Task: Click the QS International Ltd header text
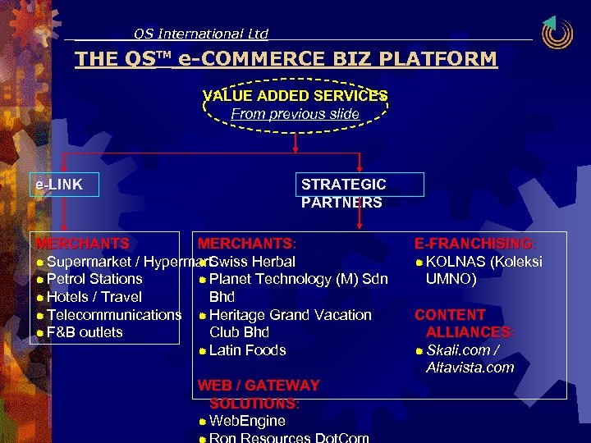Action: (x=201, y=34)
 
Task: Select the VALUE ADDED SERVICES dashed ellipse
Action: (x=295, y=104)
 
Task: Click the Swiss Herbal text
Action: (x=252, y=262)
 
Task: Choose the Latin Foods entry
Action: (x=247, y=350)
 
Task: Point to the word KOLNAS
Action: (x=456, y=262)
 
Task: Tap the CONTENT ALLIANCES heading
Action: (x=465, y=323)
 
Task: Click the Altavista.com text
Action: (x=470, y=368)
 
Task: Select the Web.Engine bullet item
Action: (x=247, y=421)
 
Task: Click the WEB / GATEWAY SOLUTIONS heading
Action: (x=259, y=394)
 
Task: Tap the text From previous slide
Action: (x=295, y=114)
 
